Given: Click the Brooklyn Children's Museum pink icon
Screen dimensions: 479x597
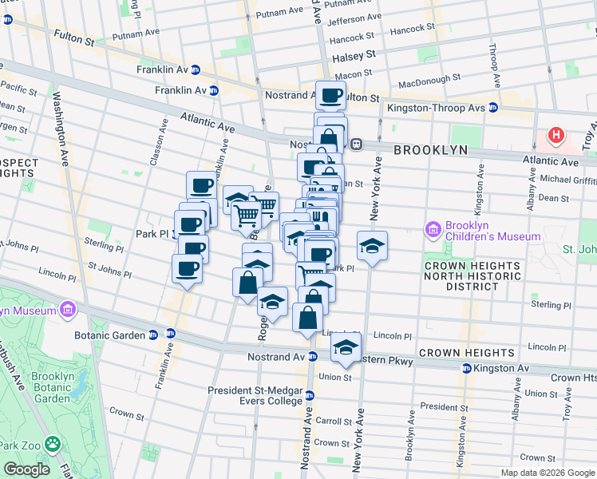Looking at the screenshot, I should coord(434,230).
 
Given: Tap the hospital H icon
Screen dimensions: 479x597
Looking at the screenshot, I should coord(555,137).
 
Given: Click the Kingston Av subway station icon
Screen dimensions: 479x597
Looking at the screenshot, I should coord(467,368).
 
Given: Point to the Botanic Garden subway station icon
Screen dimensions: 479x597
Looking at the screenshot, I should coord(169,335).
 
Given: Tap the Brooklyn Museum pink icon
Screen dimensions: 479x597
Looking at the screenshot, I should coord(68,310).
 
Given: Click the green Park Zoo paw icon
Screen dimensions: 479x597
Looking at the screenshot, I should coord(53,442).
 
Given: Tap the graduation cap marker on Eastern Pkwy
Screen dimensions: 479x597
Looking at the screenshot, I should coord(346,347).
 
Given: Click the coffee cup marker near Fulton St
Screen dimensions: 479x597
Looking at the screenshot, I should coord(330,96).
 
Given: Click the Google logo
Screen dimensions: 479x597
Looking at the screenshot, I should coord(26,469).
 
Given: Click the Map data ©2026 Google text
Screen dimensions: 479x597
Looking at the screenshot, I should coord(547,473).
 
